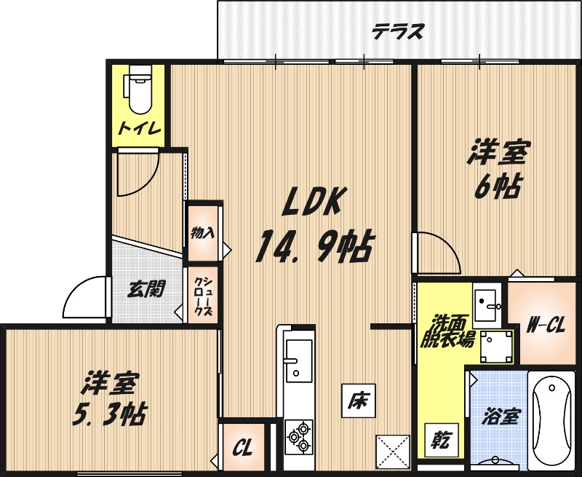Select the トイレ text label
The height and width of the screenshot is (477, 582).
[x=139, y=129]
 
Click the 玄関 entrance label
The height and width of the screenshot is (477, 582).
[x=145, y=289]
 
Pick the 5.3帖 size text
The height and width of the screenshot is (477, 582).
[x=108, y=414]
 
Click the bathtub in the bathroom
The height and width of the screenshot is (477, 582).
[x=551, y=420]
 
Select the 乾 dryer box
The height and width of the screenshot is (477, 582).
[x=439, y=439]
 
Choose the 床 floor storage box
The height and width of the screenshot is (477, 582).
[x=360, y=400]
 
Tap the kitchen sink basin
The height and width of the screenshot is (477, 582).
[x=298, y=360]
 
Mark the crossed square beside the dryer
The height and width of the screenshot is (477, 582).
[x=393, y=452]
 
